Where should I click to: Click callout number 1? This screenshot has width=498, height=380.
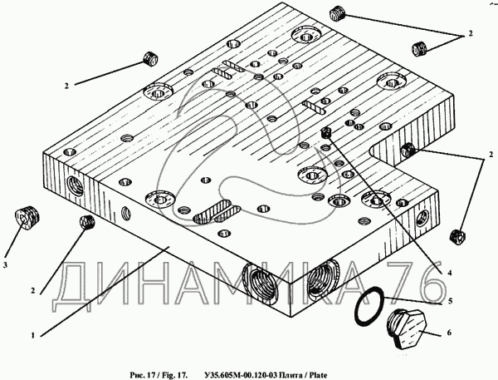click(x=32, y=336)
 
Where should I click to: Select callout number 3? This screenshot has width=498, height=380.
click(x=6, y=264)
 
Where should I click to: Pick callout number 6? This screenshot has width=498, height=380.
click(x=449, y=332)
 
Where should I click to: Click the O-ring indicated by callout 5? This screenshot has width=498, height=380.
click(x=370, y=307)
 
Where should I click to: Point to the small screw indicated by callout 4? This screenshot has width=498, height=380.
click(x=326, y=132)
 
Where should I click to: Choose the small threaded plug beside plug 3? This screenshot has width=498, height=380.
click(x=85, y=222)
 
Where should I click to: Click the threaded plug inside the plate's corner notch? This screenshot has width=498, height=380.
click(x=408, y=151)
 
